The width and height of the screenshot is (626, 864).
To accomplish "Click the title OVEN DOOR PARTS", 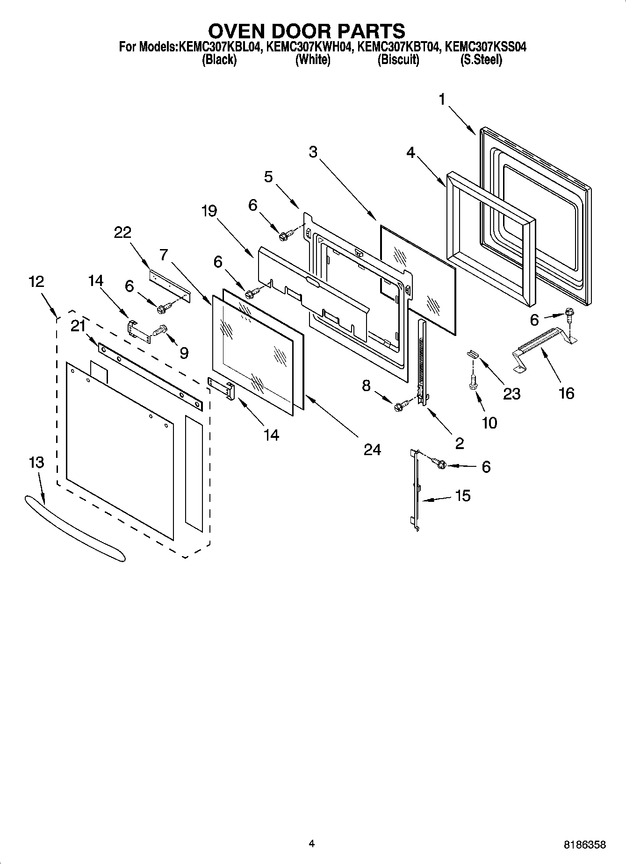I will point(306,31).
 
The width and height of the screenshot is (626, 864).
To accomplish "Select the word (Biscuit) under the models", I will point(398,60).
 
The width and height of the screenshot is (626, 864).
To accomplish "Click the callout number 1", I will point(442,100).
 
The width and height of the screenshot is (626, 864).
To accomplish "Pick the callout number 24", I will point(372,450).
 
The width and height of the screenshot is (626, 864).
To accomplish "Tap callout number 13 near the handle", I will point(36,462).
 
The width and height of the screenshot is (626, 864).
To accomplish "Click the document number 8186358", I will point(584,845).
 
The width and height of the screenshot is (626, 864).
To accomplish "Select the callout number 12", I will point(36,281).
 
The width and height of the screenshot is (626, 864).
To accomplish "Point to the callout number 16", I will point(566,393).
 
